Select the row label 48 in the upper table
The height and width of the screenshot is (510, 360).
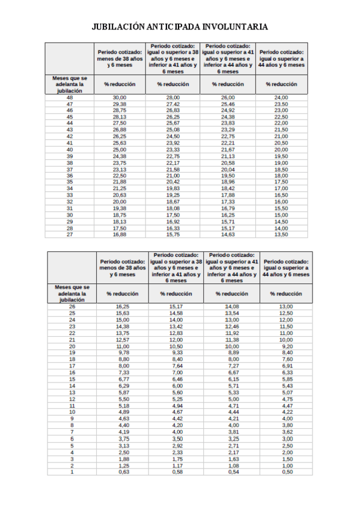click(70, 97)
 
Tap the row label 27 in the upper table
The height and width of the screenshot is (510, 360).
click(70, 235)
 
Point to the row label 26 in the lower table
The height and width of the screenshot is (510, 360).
click(72, 307)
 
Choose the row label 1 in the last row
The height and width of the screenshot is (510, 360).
click(72, 472)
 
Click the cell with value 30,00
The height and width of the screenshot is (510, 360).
click(120, 97)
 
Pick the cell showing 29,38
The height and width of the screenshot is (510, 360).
click(120, 104)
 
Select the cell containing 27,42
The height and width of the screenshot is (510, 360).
click(173, 104)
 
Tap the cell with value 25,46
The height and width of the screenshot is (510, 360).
click(228, 104)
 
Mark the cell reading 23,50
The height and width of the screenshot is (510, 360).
click(281, 104)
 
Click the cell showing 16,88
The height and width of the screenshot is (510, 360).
click(120, 235)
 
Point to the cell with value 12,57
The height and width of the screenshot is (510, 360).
click(123, 340)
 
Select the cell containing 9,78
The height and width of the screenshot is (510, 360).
click(123, 353)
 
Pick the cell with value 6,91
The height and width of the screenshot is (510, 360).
click(286, 366)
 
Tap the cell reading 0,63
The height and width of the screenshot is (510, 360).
click(123, 472)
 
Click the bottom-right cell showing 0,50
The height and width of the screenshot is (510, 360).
click(286, 472)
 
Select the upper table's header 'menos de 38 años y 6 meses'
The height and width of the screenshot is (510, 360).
click(120, 59)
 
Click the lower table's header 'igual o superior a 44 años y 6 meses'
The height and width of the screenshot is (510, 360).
click(286, 268)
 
